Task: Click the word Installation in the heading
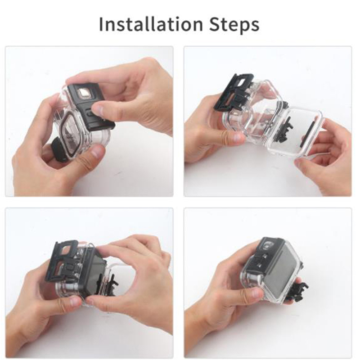point(151,24)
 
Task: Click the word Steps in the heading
point(234,25)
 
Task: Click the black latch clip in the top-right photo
point(234,92)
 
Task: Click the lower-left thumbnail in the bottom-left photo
point(74,301)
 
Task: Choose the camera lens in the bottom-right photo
point(268,245)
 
